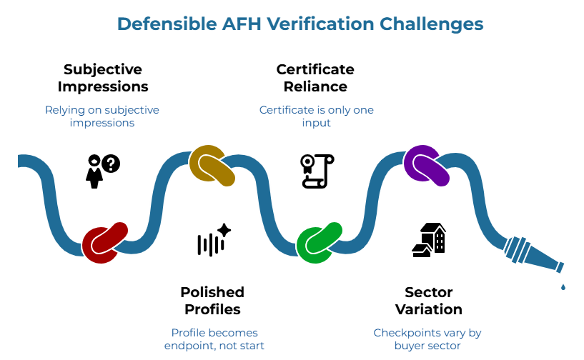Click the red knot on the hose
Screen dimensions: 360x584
point(104,242)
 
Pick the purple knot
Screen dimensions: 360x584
point(427,165)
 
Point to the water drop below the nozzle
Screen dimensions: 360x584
point(563,286)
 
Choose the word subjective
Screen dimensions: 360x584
point(132,110)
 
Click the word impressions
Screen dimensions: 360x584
point(102,123)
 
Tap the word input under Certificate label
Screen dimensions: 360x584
point(316,123)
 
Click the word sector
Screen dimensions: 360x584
point(443,346)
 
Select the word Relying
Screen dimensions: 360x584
point(62,110)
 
